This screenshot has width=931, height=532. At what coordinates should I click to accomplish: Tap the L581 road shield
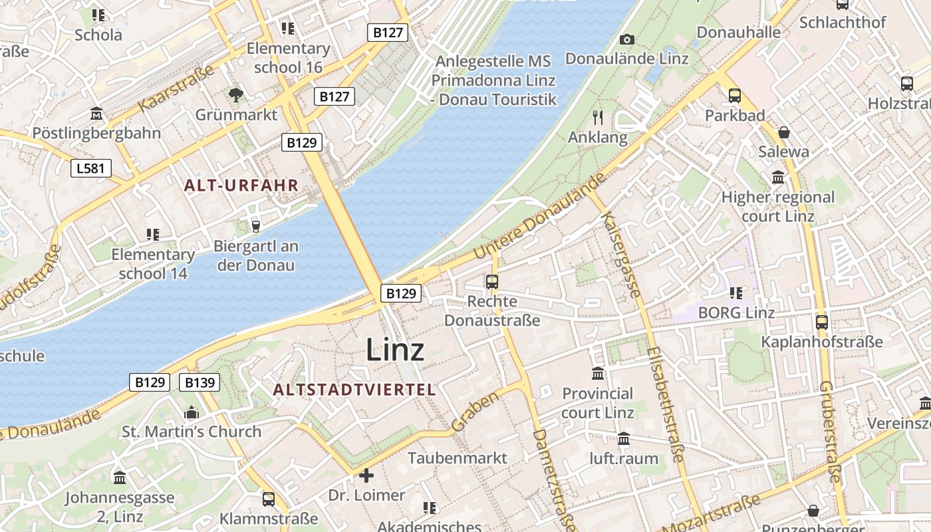(x=90, y=168)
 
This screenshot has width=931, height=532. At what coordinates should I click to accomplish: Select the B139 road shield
(x=199, y=382)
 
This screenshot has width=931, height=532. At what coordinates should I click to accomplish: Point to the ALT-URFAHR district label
(x=241, y=186)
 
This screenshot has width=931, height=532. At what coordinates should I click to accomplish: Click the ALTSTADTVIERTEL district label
(x=354, y=390)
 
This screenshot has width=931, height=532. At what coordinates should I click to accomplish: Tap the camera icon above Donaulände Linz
(x=626, y=40)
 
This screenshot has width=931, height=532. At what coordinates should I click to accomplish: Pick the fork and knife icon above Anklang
(x=598, y=118)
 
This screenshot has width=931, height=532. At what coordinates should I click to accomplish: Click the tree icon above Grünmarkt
(x=235, y=95)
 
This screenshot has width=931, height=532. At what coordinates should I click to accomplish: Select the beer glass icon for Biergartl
(x=255, y=227)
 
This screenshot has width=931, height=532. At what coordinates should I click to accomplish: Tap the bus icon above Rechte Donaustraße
(x=492, y=282)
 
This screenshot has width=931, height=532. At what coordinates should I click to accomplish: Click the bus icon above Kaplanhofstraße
(x=822, y=323)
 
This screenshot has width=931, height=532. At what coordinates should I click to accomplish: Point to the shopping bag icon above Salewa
(x=784, y=132)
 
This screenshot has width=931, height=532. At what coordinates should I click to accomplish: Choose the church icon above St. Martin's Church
(x=192, y=412)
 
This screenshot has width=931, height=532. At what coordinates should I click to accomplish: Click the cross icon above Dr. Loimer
(x=366, y=475)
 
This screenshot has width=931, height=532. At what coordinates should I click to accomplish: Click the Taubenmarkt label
(x=458, y=458)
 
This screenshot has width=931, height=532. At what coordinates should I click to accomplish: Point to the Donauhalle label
(x=738, y=32)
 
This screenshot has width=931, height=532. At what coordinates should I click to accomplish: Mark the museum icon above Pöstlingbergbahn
(x=97, y=114)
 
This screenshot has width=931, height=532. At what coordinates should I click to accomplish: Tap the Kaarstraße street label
(x=176, y=88)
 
